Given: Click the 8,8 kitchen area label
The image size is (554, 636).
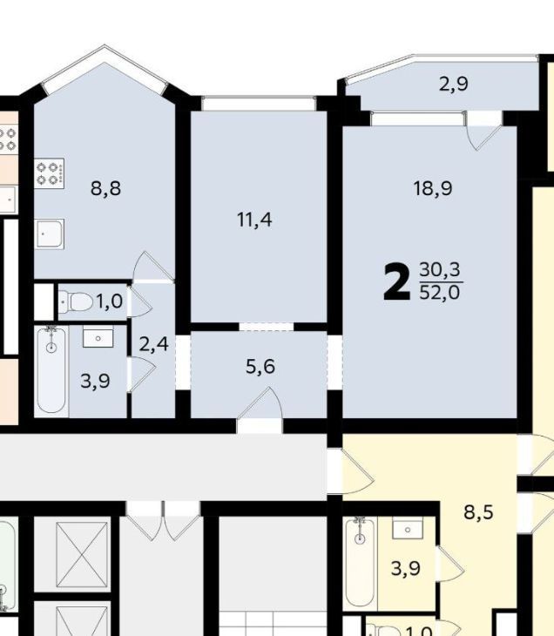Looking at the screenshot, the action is pos(105,188).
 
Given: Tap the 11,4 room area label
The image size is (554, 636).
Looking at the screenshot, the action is pos(254,220).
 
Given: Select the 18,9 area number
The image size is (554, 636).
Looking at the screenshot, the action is pos(433,188).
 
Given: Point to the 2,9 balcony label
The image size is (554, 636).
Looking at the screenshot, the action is pos(454,84).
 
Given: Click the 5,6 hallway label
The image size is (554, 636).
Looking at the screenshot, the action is pos(260,367).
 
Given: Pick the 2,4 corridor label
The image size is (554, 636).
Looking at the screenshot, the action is pos(153,345).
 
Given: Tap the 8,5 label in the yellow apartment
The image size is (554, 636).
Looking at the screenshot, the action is pos(478,512).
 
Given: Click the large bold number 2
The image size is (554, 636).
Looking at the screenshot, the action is pos(396,282).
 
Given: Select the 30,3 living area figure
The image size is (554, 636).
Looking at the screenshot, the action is pos(440,269).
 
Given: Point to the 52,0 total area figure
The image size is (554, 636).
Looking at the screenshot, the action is pos(440,292).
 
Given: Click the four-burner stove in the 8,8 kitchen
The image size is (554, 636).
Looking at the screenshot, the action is pos(49,173).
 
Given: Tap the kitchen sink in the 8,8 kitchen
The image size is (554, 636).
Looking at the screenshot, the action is pos(49,233).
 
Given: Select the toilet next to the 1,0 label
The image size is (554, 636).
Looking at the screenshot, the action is pos(76,301).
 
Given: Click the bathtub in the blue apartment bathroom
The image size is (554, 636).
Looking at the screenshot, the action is pos(51,370).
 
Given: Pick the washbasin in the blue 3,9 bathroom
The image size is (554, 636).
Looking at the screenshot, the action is pos(98,338).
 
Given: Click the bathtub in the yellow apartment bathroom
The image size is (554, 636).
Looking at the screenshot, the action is pos(360,561).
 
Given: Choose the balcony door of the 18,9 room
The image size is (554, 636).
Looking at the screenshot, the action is pos(484,131).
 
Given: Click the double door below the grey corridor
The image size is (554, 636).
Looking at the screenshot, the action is pos(163,521).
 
